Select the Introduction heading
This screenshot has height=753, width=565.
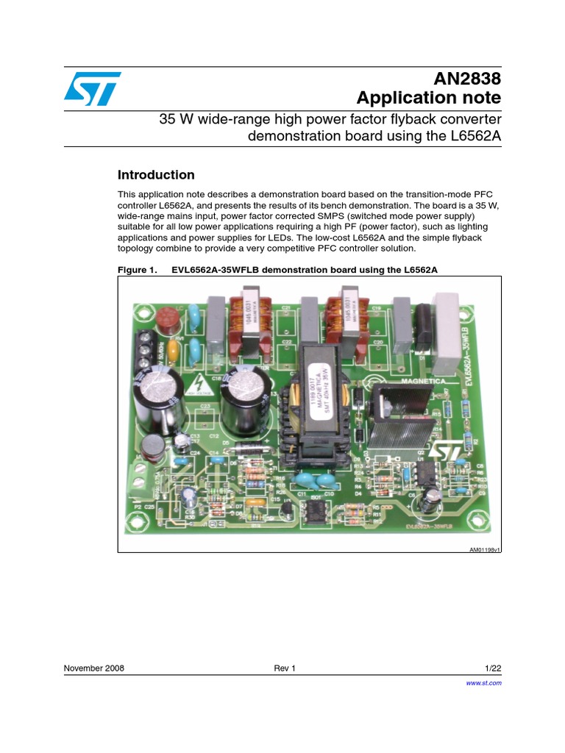tap(156, 175)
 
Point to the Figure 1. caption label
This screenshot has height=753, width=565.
tap(138, 270)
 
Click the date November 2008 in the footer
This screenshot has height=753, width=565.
tap(94, 668)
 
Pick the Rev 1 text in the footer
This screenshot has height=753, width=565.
tap(284, 668)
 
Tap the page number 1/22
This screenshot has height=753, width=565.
tap(493, 668)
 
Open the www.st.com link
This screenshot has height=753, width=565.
tap(484, 683)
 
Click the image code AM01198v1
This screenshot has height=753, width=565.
tap(485, 549)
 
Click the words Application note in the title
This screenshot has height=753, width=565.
tap(428, 98)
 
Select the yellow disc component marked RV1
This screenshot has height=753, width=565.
tap(171, 353)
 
